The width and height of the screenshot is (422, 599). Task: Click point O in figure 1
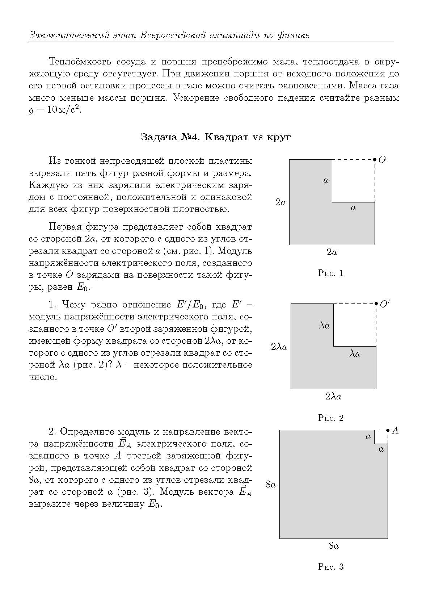[x=375, y=159]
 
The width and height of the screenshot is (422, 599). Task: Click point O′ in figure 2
[x=376, y=303]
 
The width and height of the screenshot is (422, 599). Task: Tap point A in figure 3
[x=388, y=430]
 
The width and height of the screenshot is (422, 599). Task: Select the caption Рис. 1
[x=330, y=273]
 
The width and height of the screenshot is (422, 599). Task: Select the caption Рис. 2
[x=330, y=418]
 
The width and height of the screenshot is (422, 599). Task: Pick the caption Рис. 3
[x=330, y=567]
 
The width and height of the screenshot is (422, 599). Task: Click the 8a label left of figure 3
[x=271, y=484]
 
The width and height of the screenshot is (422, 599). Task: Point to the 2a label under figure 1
[x=332, y=252]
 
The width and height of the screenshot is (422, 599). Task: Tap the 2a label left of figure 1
[x=280, y=202]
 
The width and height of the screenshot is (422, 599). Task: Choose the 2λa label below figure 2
[x=333, y=397]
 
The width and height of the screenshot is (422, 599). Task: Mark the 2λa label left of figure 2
[x=279, y=347]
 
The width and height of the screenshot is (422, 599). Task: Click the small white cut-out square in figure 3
[x=381, y=436]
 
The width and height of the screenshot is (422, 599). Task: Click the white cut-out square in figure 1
[x=353, y=180]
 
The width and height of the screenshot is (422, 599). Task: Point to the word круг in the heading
[x=279, y=138]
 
